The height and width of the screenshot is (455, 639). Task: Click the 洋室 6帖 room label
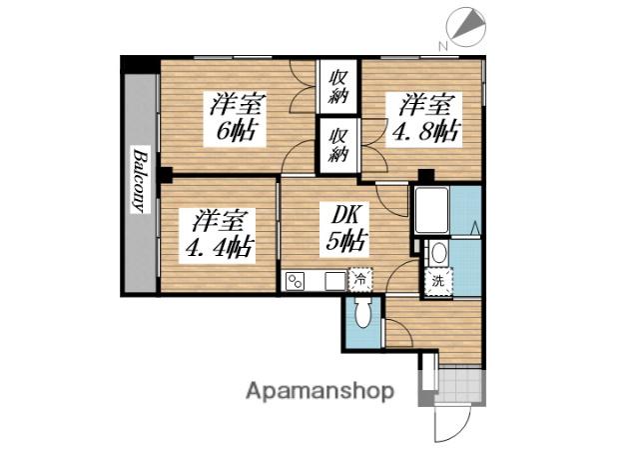[x=235, y=118]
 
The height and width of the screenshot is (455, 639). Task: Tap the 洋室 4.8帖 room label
[x=424, y=119]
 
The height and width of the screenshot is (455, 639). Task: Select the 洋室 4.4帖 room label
[x=218, y=235]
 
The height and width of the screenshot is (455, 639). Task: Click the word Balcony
[x=140, y=180]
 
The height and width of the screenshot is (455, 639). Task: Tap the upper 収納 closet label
[x=338, y=87]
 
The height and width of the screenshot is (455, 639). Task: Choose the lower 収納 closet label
[x=338, y=145]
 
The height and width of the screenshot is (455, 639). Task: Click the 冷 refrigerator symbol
[x=360, y=279]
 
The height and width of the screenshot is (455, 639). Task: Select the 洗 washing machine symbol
[x=438, y=281]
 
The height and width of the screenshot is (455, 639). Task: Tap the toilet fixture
[x=361, y=312]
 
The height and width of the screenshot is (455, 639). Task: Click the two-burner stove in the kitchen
[x=296, y=281]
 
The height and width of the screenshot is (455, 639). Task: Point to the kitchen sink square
[x=334, y=281]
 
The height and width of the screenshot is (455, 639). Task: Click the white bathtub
[x=432, y=210]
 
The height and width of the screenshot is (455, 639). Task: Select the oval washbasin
[x=438, y=253]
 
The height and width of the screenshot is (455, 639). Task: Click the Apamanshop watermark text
[x=319, y=391]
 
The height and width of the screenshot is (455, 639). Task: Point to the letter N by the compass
[x=443, y=46]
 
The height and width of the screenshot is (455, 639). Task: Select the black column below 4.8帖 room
[x=426, y=176]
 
